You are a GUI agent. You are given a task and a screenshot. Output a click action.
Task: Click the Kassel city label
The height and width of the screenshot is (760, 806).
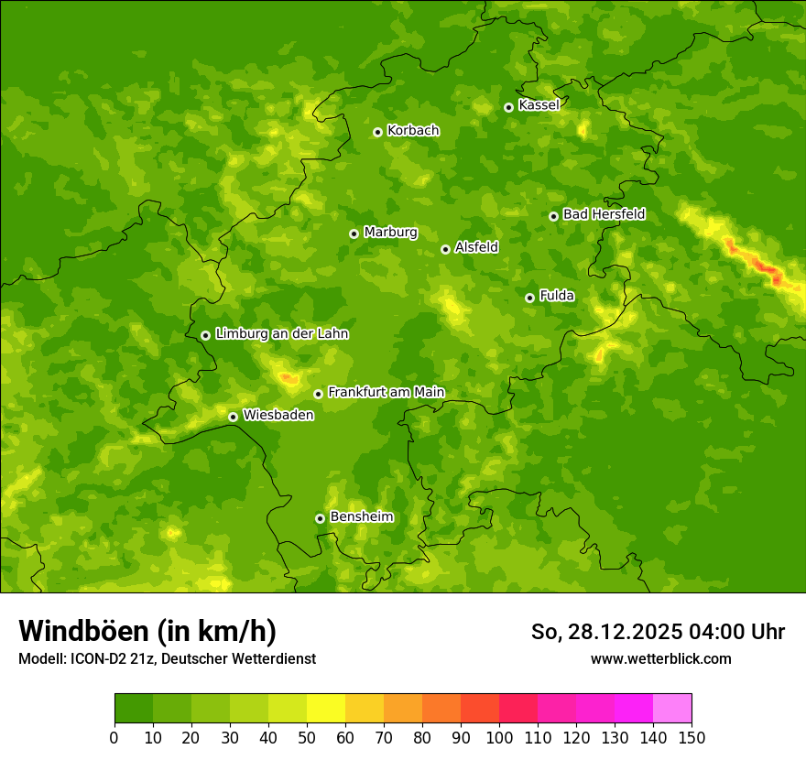click(539, 105)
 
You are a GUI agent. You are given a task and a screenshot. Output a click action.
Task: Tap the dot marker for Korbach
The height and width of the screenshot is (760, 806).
click(377, 132)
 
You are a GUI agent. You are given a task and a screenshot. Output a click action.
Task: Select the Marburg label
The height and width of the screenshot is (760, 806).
click(390, 233)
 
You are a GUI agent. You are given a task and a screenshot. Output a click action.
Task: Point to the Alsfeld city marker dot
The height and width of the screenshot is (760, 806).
click(445, 249)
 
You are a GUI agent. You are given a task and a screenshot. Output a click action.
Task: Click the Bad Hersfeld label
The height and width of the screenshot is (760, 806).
click(604, 214)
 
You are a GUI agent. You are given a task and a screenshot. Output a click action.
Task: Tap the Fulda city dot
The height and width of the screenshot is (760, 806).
click(529, 298)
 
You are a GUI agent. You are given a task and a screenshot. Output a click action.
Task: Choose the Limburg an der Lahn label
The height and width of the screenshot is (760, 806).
click(281, 334)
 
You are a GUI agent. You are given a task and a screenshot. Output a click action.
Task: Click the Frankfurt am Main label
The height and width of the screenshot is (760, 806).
click(386, 392)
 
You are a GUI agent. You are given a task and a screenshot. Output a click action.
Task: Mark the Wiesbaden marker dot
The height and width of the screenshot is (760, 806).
click(233, 417)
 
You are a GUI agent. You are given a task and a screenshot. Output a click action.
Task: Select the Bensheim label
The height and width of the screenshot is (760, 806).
click(361, 516)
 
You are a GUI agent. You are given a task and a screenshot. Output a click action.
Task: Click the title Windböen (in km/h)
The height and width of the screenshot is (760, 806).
click(147, 631)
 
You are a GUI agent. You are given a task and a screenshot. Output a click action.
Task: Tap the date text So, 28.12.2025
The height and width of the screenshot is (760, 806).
click(606, 632)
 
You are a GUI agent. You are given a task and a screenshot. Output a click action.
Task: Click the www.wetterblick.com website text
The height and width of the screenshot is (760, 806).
click(660, 658)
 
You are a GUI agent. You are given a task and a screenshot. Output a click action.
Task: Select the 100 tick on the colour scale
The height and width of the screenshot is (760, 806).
click(499, 737)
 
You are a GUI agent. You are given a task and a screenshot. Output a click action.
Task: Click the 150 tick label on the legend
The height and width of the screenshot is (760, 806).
click(692, 737)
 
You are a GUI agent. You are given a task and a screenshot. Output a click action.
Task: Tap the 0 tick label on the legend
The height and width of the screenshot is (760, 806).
click(114, 737)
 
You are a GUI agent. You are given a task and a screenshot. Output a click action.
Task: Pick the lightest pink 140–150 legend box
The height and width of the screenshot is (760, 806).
click(672, 709)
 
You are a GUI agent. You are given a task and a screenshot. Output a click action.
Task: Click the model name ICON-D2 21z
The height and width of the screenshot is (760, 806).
click(112, 658)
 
